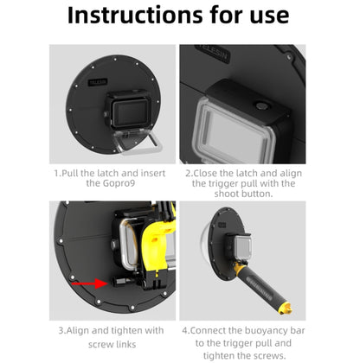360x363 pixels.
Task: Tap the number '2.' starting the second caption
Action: (x=187, y=172)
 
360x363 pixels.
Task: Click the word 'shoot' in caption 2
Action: (x=205, y=195)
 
